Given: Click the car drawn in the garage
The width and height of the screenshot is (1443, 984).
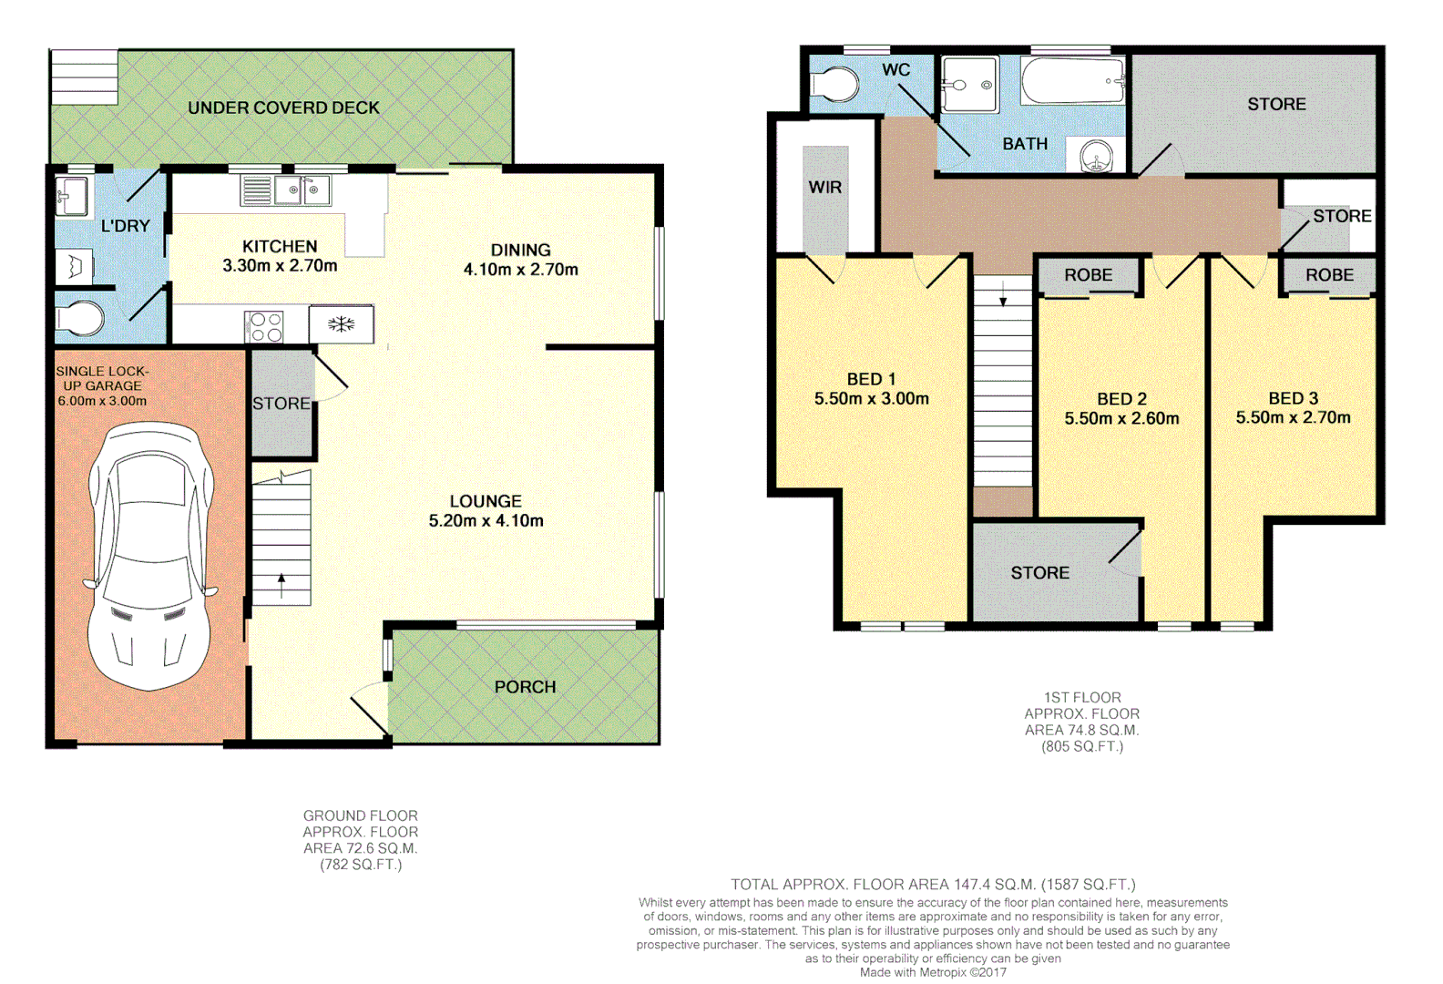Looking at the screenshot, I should tap(150, 556).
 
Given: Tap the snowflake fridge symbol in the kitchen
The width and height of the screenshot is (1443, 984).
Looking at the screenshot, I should tap(342, 324).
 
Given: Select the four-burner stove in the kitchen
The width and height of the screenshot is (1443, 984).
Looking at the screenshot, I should tap(265, 327).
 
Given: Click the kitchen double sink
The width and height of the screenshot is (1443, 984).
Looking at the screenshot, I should tap(302, 190).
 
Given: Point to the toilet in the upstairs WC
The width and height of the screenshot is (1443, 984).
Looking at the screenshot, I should tap(836, 85).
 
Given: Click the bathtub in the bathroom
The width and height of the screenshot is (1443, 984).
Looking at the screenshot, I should tap(1072, 80).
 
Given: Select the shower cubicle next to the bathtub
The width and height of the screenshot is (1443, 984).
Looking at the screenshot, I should tap(969, 85).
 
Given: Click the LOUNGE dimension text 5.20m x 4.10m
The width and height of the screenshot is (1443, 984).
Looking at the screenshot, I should tap(486, 521).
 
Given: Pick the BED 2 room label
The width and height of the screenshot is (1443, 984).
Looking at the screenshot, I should tap(1121, 399).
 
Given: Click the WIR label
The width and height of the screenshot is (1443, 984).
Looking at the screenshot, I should tap(824, 188).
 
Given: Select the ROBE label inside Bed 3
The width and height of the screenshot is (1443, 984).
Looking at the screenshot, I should tap(1329, 275).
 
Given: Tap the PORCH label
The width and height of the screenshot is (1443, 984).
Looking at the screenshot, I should tap(525, 687).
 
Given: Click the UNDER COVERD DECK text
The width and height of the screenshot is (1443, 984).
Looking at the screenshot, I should tap(283, 108).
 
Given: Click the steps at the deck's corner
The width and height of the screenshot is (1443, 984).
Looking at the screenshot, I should tap(84, 77).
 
